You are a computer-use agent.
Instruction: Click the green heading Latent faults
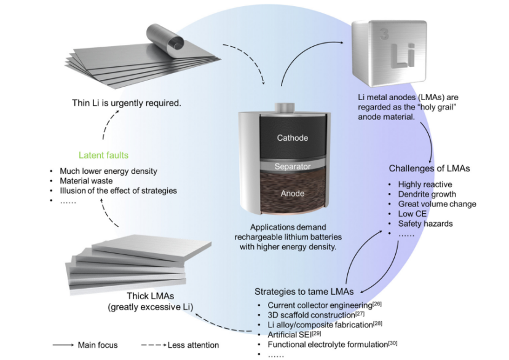[x=104, y=155]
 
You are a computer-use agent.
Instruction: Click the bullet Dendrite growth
[x=427, y=194]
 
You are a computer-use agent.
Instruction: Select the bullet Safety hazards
[x=425, y=224]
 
